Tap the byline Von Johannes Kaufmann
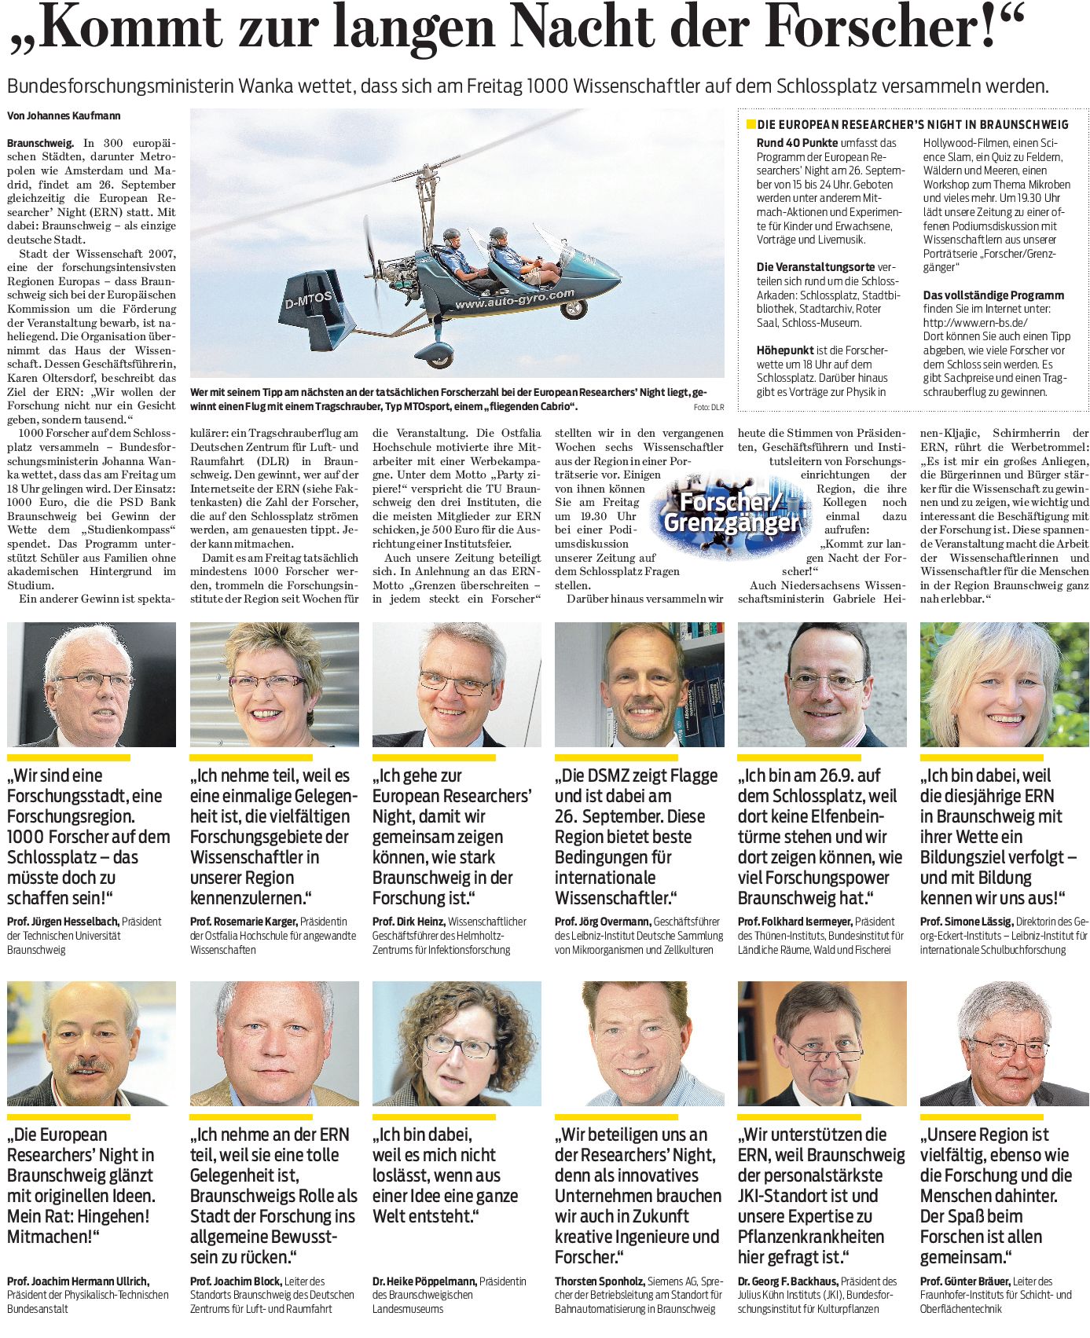click(64, 115)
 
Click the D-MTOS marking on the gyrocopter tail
click(309, 299)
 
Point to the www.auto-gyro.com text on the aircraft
click(515, 299)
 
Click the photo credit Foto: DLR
click(708, 407)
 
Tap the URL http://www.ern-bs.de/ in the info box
click(975, 322)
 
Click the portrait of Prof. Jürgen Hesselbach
click(91, 684)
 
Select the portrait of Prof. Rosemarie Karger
click(274, 684)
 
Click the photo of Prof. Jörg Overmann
click(639, 684)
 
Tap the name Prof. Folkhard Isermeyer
click(795, 921)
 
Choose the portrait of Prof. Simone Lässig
click(1004, 684)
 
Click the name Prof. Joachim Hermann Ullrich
click(78, 1281)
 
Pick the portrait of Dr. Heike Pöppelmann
click(457, 1043)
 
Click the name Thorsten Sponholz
click(600, 1281)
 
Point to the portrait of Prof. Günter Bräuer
click(1004, 1043)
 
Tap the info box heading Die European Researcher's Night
click(912, 124)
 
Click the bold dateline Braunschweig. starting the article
click(40, 143)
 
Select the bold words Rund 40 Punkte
click(797, 143)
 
